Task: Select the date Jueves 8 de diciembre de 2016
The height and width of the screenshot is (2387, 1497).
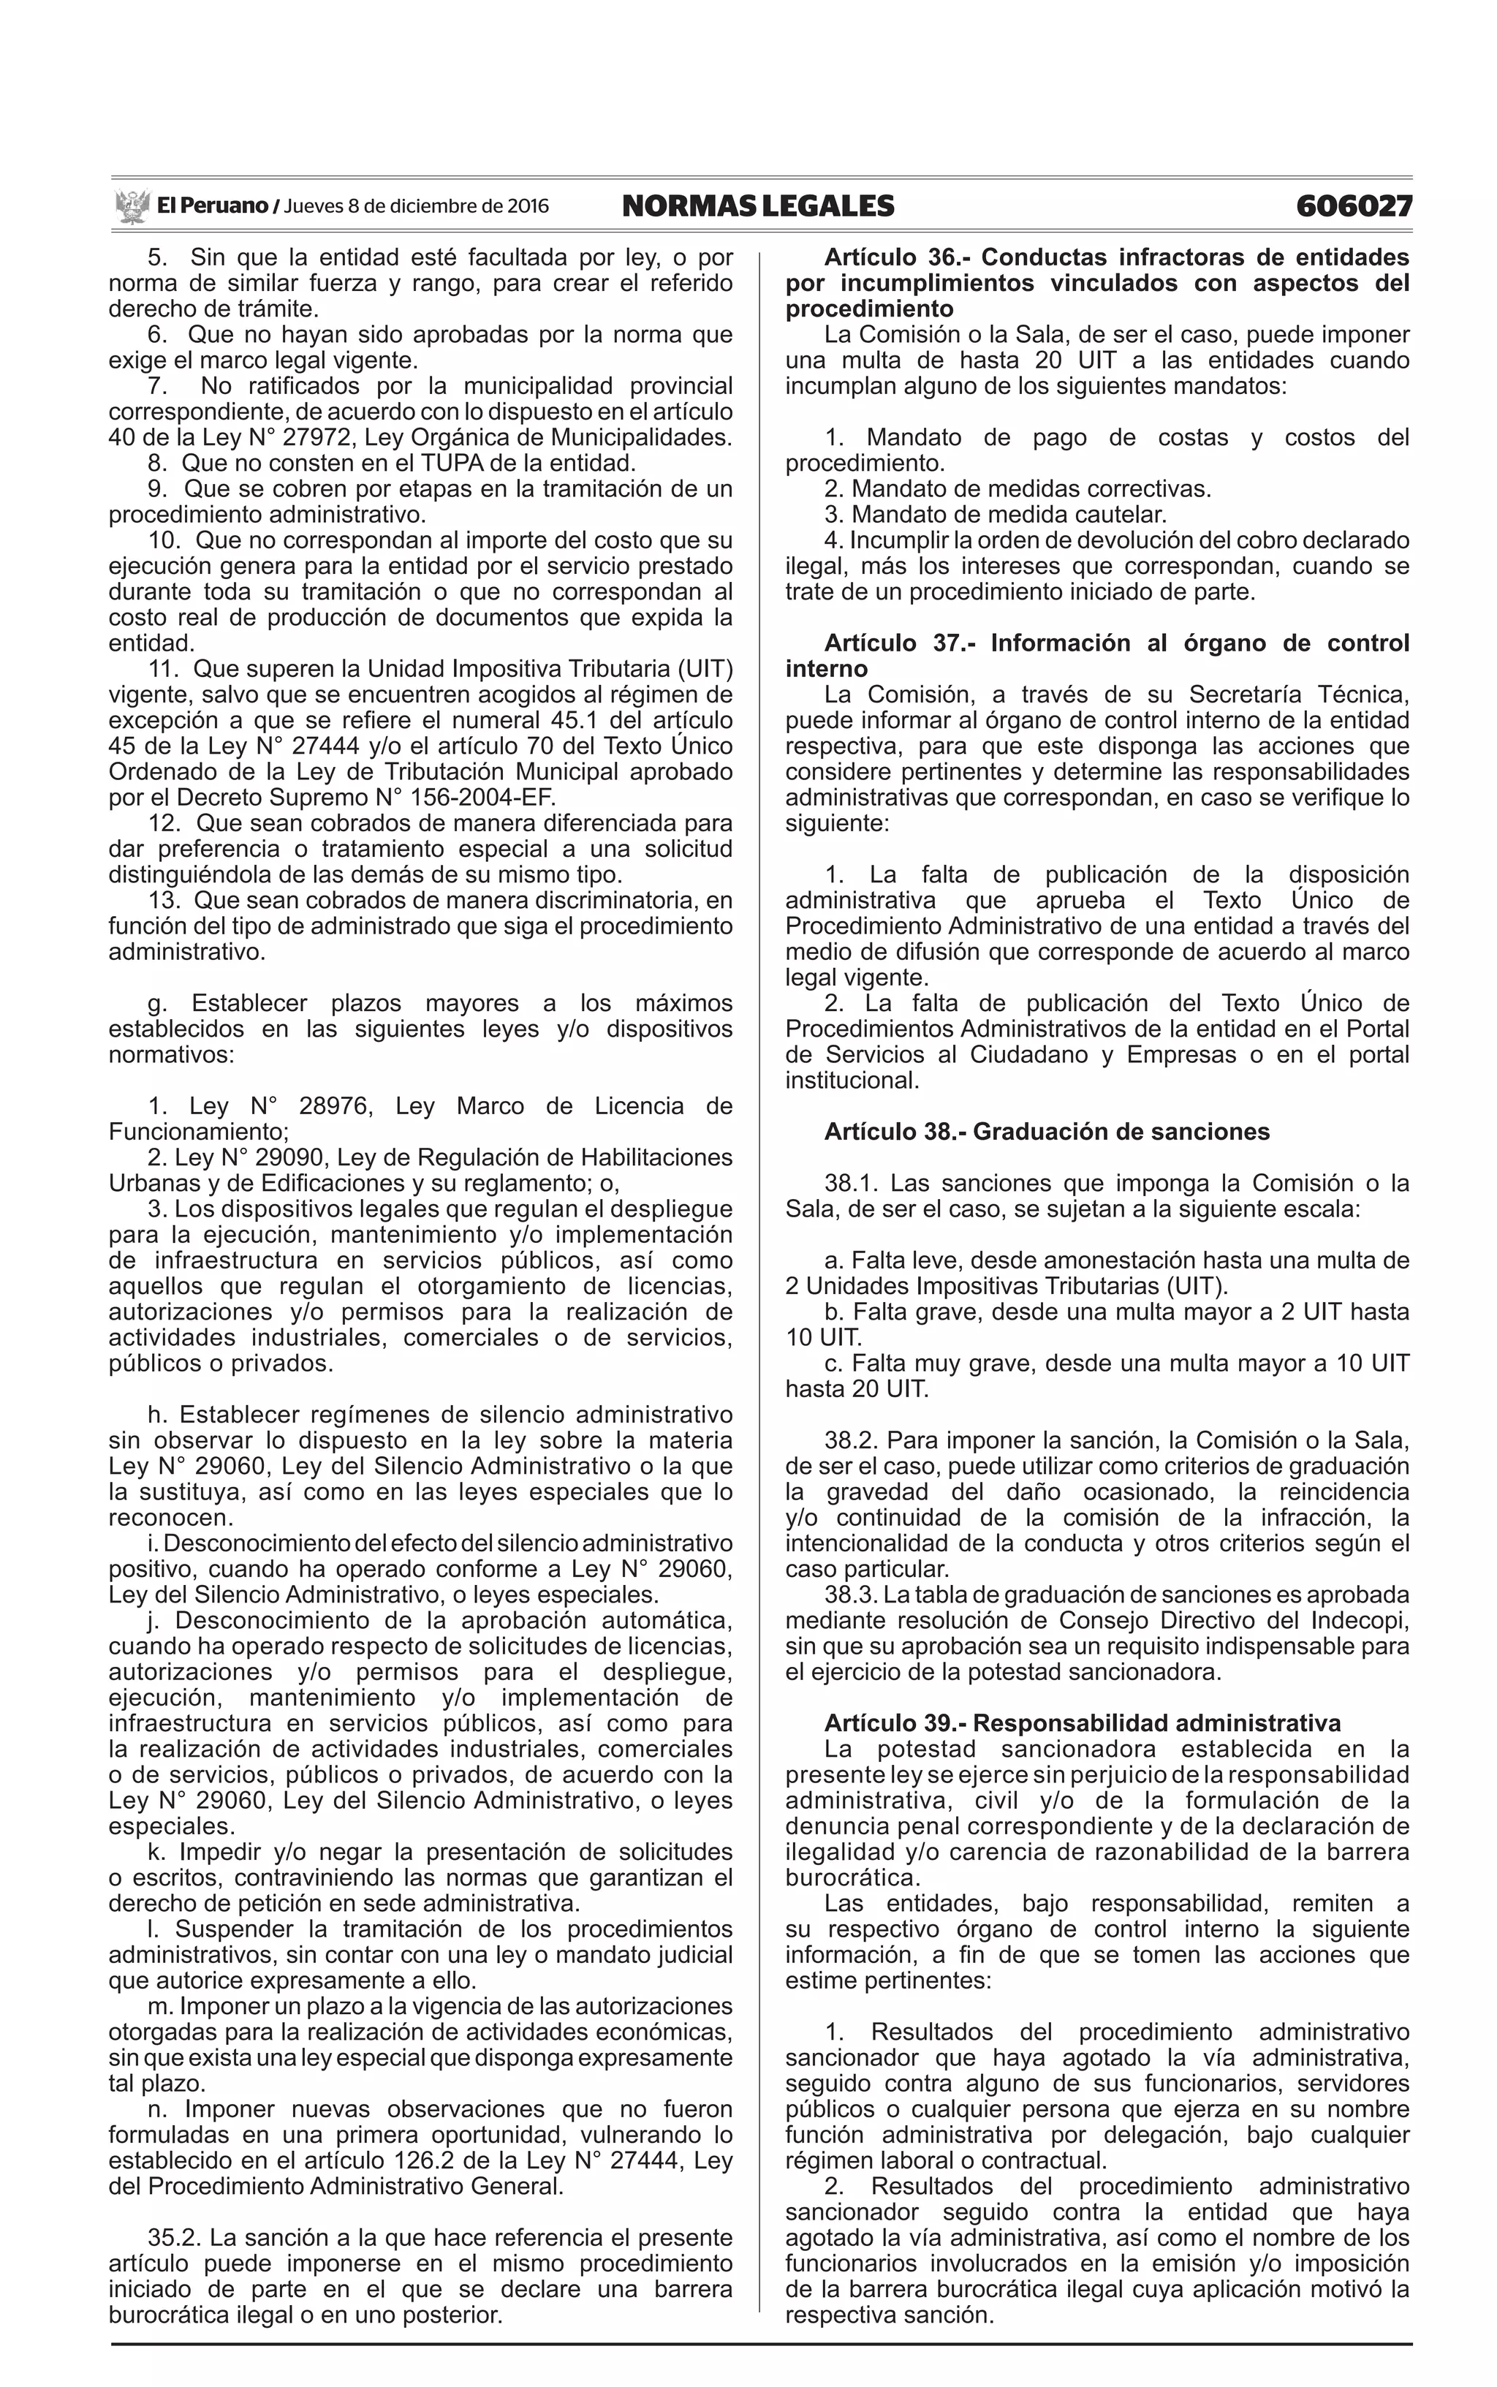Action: [416, 207]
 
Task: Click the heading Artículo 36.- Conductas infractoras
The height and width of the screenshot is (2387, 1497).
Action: [1116, 257]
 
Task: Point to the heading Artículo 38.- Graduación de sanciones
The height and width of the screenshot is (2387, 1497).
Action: [1047, 1132]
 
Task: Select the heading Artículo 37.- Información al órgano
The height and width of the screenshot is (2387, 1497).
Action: [1116, 643]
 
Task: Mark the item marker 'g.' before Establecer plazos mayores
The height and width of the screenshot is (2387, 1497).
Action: [156, 1003]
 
